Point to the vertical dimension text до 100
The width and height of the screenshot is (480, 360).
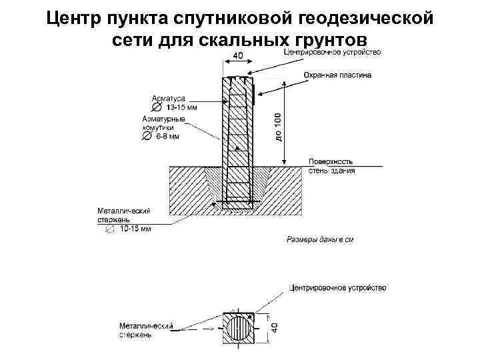(278, 126)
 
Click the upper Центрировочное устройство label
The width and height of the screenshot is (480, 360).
(332, 52)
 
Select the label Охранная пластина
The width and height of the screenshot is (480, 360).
(337, 75)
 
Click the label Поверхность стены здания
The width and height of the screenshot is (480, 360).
(331, 166)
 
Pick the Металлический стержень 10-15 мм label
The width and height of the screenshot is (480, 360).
(127, 219)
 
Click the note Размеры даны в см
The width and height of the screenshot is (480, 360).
(319, 239)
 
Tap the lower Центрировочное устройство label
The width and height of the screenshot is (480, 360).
(337, 288)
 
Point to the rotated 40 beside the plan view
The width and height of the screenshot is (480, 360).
(275, 329)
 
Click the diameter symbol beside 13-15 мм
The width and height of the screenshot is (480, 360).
(156, 107)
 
